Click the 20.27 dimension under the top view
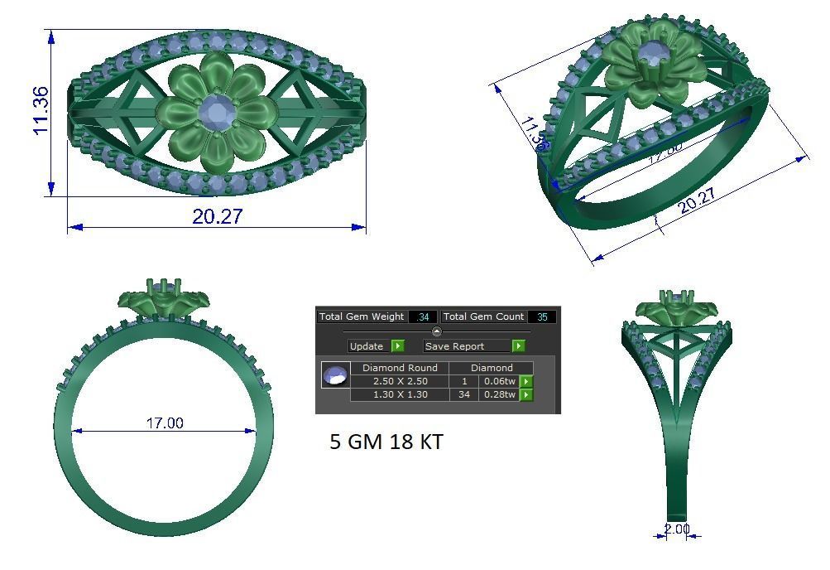(218, 216)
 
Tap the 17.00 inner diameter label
(165, 423)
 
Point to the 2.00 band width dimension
(676, 529)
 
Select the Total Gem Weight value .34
(424, 316)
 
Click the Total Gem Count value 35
(542, 316)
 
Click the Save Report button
(467, 346)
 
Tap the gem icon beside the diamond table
(334, 375)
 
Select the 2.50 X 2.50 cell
(400, 381)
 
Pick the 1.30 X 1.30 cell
(400, 394)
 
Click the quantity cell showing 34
(463, 394)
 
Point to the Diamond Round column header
(400, 368)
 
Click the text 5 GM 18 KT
(386, 442)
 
